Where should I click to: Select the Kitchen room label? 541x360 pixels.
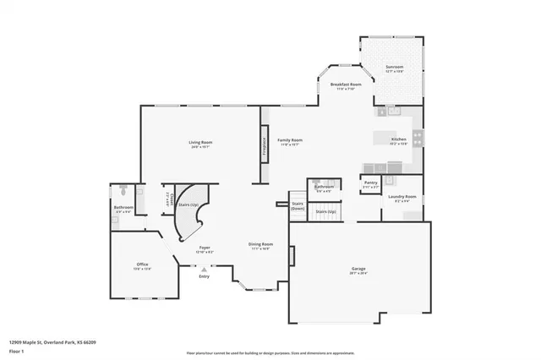(399, 139)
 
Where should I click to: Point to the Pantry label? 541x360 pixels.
(370, 183)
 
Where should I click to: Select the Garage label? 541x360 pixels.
(358, 270)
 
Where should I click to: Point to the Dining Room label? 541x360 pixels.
(260, 245)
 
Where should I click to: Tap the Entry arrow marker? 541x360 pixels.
(204, 270)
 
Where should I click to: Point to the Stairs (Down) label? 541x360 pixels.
(297, 205)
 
